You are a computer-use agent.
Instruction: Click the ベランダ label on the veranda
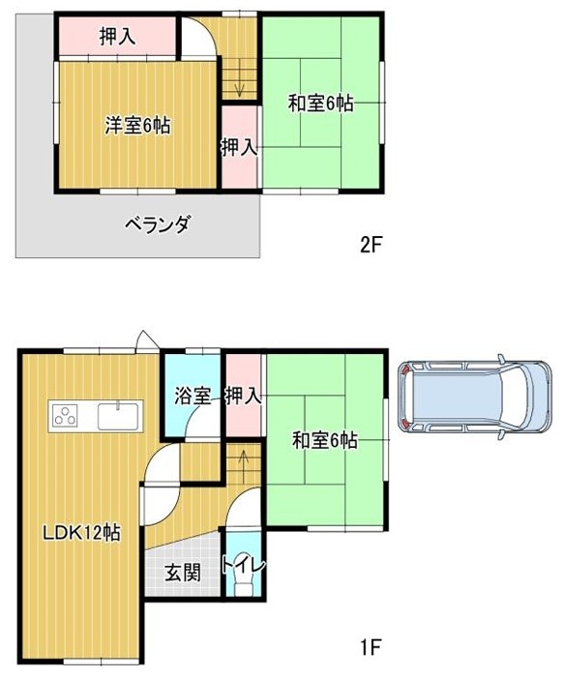(158, 224)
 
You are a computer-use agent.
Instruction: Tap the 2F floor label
(371, 245)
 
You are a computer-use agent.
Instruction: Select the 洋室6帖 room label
(137, 126)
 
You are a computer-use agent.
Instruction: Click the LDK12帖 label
(81, 533)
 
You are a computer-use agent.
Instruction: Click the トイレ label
(243, 566)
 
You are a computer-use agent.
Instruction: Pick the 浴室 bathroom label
(193, 396)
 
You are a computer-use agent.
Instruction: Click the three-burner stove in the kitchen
(65, 416)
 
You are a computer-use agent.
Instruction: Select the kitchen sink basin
(119, 416)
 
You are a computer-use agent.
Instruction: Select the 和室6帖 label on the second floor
(320, 103)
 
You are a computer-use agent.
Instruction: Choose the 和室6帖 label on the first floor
(324, 441)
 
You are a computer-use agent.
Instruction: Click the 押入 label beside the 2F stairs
(240, 148)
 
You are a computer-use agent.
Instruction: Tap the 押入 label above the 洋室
(118, 37)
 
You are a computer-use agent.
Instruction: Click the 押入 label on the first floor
(244, 396)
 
